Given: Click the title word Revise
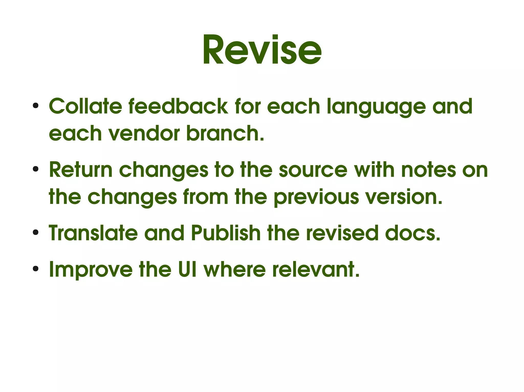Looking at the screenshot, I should [262, 50].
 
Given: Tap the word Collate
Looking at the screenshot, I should [85, 106].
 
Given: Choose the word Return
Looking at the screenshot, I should [81, 170].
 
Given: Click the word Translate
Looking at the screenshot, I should [93, 233].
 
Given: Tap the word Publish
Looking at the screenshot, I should [226, 233].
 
